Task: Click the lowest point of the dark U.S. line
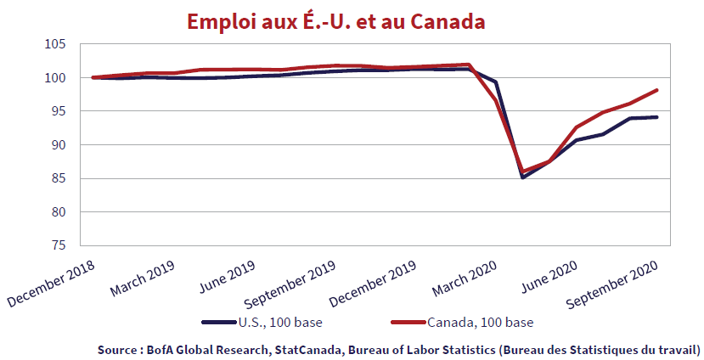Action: [x=523, y=177]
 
